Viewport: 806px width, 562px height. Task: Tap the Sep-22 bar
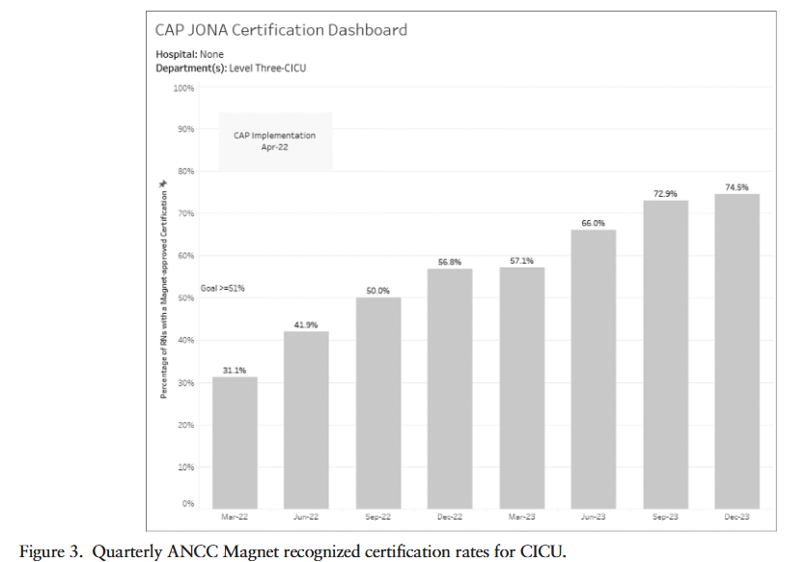378,402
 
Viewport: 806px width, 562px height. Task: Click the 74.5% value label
737,187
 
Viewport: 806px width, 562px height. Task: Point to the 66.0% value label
593,223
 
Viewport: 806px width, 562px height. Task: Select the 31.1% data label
235,371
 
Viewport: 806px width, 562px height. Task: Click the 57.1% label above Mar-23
521,261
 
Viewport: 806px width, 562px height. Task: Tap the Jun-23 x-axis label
593,518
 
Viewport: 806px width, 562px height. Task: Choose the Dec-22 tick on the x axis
450,518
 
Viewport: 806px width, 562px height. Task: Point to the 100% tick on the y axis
182,88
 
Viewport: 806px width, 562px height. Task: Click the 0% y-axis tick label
188,504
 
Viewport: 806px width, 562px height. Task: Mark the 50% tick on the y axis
184,298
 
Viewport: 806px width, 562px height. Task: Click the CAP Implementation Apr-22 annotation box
275,141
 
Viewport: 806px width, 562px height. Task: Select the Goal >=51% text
222,288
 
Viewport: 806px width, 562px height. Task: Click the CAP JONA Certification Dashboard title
281,30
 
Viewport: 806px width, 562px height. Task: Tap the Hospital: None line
189,54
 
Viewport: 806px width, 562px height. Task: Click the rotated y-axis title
163,289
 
